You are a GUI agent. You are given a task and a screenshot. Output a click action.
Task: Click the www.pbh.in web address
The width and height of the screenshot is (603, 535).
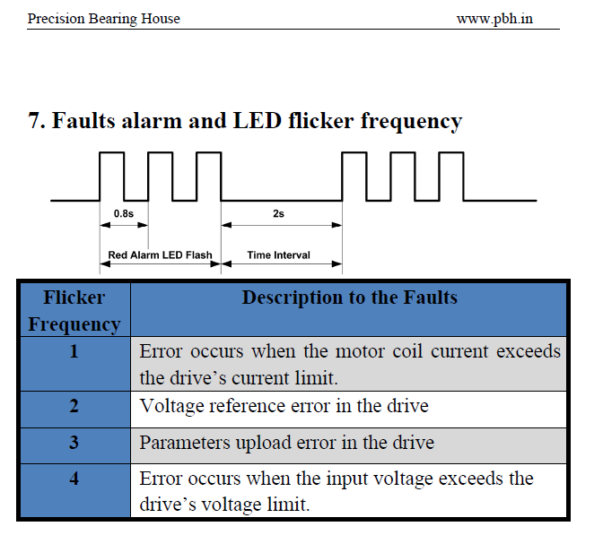click(494, 19)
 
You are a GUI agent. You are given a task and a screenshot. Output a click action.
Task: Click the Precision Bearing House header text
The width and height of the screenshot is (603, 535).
click(104, 19)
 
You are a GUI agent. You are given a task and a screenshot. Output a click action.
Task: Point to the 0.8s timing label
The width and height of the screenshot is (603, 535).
click(124, 213)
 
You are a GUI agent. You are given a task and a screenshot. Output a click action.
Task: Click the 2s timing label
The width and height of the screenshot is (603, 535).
click(278, 213)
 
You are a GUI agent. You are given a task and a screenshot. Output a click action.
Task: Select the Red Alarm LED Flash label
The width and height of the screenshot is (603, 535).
click(160, 255)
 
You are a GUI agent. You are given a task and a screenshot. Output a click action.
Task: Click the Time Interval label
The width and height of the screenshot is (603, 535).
click(278, 255)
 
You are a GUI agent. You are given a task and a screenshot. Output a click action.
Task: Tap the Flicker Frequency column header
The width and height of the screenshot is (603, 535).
click(74, 310)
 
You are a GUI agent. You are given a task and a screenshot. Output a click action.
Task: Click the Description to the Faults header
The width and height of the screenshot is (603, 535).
click(350, 298)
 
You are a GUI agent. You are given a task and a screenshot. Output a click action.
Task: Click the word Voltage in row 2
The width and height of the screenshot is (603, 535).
click(171, 406)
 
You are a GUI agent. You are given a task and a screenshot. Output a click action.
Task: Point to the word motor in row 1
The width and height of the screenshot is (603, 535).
click(360, 351)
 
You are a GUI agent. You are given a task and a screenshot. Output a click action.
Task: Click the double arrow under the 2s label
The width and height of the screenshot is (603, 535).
click(282, 225)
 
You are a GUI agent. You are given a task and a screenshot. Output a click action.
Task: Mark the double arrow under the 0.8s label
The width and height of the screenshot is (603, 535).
click(124, 225)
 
